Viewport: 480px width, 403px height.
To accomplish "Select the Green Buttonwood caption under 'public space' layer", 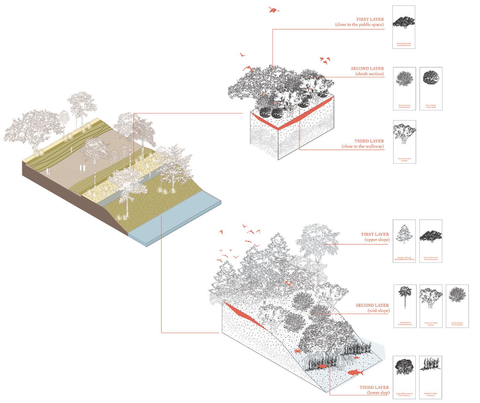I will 404,44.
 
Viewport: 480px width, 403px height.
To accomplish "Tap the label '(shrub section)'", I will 369,74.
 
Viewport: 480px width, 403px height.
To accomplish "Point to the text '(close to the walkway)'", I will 363,146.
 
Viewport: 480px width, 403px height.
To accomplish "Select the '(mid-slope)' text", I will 378,311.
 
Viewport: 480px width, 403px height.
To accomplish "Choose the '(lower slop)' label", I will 378,393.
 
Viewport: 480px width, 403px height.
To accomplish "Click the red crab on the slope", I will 297,351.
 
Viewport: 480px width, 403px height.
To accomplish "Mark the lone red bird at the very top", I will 273,10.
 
